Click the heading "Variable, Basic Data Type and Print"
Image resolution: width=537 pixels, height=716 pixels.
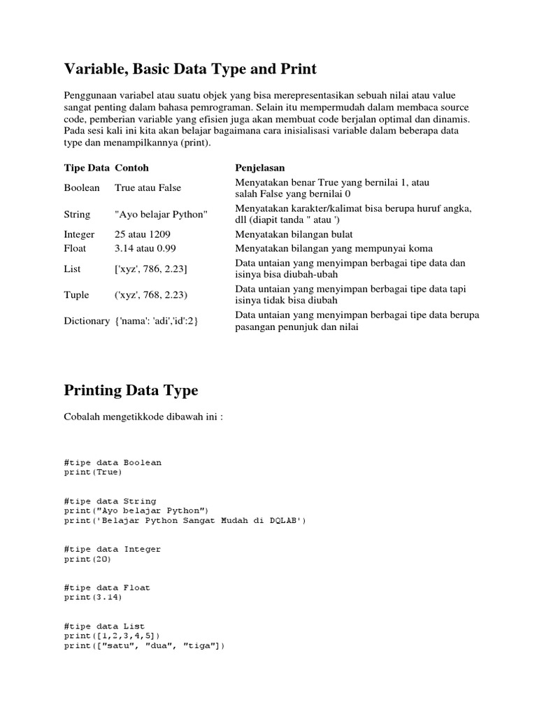190,69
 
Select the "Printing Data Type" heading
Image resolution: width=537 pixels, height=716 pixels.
131,390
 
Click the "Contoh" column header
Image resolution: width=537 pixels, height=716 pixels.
131,169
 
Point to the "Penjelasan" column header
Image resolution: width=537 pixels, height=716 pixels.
259,169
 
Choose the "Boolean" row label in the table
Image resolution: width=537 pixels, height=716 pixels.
82,188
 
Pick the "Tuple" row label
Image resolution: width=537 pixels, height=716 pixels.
77,294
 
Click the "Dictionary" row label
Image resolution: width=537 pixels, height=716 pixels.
86,321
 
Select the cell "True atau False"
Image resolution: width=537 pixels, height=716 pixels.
148,188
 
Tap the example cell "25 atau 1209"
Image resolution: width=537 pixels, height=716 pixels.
142,235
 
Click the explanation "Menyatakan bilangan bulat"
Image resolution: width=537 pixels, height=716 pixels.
294,235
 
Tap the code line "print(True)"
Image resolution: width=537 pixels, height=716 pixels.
92,472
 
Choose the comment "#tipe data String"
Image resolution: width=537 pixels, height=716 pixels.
110,501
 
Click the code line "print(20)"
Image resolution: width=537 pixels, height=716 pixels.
87,559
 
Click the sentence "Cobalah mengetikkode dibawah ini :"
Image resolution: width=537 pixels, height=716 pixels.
143,417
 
